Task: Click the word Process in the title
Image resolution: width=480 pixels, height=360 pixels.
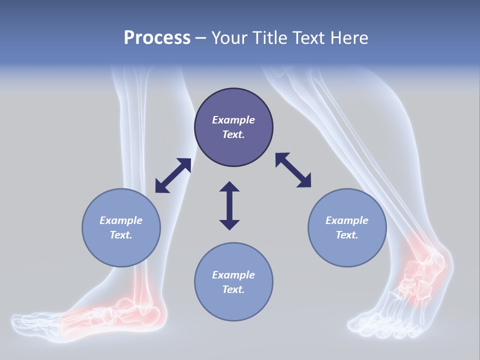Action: tap(157, 37)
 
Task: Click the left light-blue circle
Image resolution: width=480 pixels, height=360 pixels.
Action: tap(121, 227)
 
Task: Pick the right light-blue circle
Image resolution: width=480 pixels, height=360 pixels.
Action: tap(347, 227)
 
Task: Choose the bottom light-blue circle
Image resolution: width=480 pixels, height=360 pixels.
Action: tap(233, 282)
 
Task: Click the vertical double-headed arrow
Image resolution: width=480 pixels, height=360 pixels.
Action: tap(229, 205)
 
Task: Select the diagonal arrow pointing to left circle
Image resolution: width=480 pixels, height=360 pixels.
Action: tap(173, 175)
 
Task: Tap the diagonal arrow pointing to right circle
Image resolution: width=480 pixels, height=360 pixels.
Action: tap(293, 170)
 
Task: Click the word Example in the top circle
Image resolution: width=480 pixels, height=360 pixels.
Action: tap(233, 120)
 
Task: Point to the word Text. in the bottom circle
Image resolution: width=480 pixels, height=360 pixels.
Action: tap(233, 289)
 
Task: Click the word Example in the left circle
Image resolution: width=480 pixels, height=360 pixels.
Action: tap(121, 220)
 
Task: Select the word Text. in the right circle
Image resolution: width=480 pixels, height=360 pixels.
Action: tap(347, 235)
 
